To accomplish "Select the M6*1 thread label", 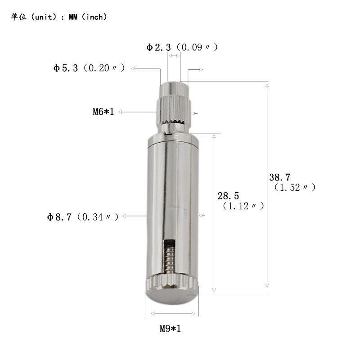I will (x=103, y=112).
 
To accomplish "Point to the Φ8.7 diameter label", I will (x=60, y=217).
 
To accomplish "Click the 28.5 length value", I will (x=228, y=196).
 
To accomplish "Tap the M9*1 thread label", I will (x=170, y=328).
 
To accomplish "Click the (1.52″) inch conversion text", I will (x=295, y=188).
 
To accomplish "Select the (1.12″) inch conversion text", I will (x=243, y=206).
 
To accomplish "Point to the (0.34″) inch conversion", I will (x=98, y=217).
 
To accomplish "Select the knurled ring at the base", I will (x=172, y=283).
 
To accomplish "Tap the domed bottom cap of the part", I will (x=172, y=297).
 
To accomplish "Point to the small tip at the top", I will (x=173, y=85).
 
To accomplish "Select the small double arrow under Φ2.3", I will (x=174, y=56).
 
